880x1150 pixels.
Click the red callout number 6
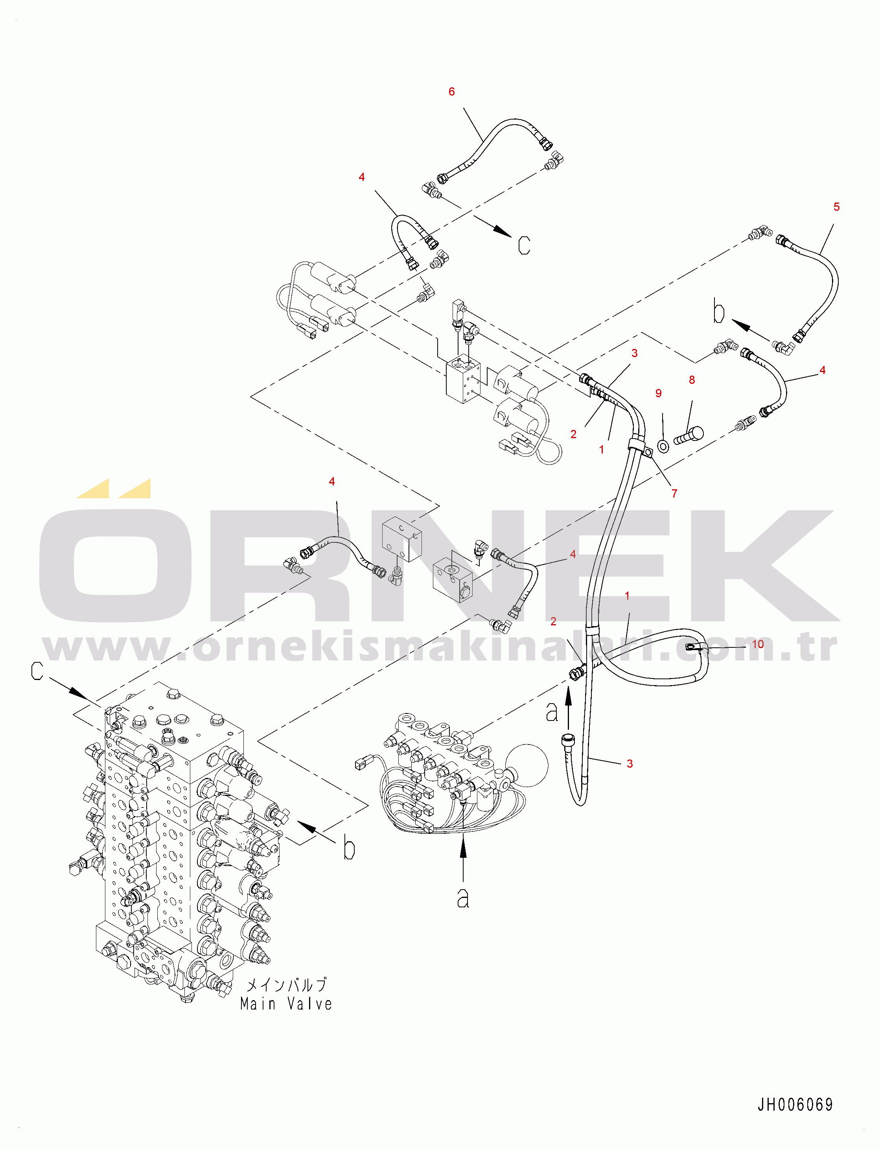coord(451,92)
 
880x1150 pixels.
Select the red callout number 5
coord(836,207)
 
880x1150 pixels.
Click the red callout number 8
coord(692,380)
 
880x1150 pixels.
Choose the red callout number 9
coord(659,393)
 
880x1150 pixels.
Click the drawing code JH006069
coord(795,1104)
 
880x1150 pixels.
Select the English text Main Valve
coord(286,1004)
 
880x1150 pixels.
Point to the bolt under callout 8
coord(688,435)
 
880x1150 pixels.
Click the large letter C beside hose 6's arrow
coord(524,245)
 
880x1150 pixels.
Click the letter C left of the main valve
coord(37,671)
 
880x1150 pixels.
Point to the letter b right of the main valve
coord(349,847)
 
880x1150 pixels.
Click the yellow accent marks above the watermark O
coord(114,488)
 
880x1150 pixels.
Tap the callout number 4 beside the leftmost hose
coord(331,481)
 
